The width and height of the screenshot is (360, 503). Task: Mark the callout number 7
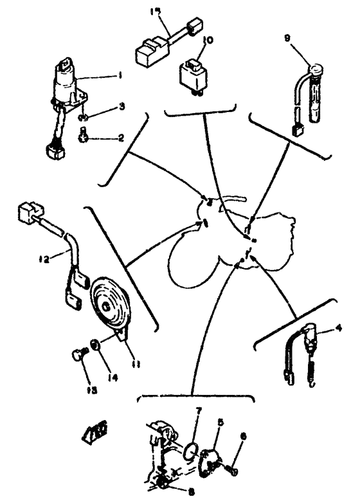[x=199, y=410]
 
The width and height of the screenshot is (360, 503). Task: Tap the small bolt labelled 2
[x=82, y=134]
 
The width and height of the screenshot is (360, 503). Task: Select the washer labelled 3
[x=84, y=117]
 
